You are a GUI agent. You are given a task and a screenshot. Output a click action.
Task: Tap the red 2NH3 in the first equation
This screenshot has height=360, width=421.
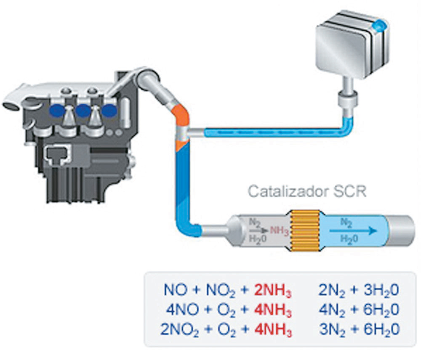272,290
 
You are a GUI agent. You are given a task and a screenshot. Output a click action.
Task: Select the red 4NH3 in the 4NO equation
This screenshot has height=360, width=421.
272,310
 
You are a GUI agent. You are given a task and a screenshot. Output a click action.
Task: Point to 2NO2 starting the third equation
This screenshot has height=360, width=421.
179,329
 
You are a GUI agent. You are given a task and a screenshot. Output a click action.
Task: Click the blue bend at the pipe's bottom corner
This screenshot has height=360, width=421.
192,227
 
